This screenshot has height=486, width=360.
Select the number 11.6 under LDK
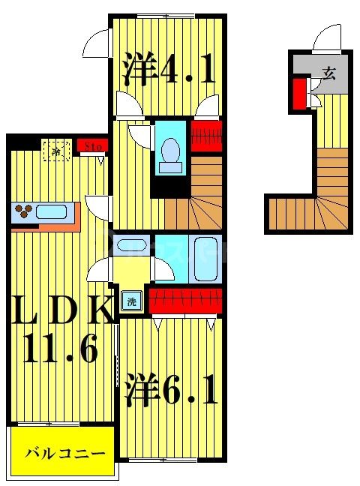coord(64,349)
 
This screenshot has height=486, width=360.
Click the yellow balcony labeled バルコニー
coord(63,453)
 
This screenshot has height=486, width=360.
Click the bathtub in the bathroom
coord(205,258)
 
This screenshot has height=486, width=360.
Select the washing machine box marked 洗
coord(132,302)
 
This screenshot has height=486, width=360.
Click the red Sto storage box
coord(92,146)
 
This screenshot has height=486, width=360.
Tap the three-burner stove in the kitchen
coord(23,212)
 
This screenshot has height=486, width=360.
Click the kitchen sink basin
coord(52,211)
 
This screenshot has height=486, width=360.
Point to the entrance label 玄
coord(328,73)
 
